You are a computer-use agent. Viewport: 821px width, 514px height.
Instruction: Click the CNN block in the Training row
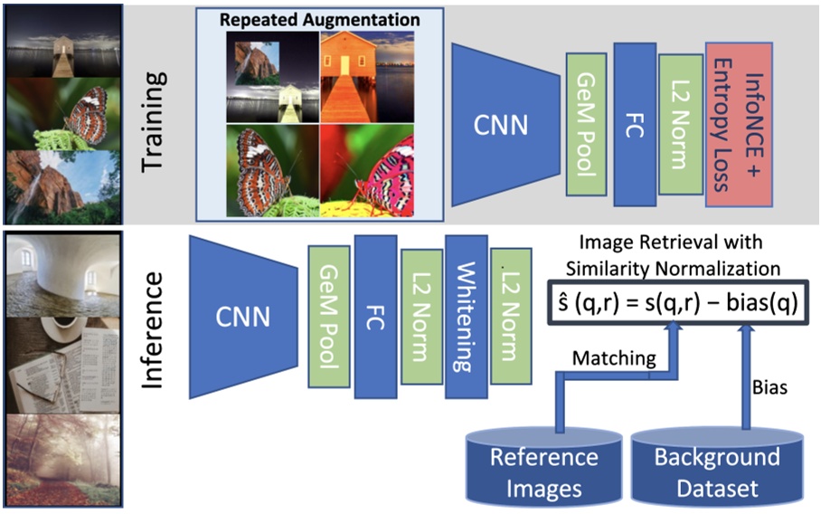pyautogui.click(x=503, y=124)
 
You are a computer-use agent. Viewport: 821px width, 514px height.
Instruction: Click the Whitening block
pyautogui.click(x=467, y=316)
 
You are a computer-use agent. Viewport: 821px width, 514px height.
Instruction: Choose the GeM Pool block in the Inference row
pyautogui.click(x=328, y=316)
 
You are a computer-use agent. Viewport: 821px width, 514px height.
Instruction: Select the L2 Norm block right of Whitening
pyautogui.click(x=511, y=316)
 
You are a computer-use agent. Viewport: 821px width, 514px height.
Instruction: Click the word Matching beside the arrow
pyautogui.click(x=613, y=358)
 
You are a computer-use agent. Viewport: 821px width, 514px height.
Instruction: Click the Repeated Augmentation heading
pyautogui.click(x=320, y=20)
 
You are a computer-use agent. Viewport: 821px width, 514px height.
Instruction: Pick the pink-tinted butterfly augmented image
pyautogui.click(x=380, y=172)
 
